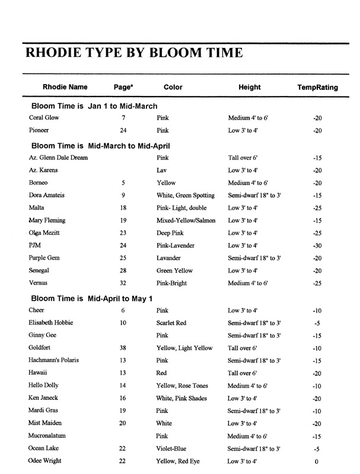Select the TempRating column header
pyautogui.click(x=317, y=87)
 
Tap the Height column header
pyautogui.click(x=249, y=87)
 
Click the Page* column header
pyautogui.click(x=123, y=87)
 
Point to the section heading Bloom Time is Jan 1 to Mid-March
pyautogui.click(x=94, y=106)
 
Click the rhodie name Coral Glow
pyautogui.click(x=44, y=118)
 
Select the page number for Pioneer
pyautogui.click(x=123, y=130)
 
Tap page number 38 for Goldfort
pyautogui.click(x=123, y=348)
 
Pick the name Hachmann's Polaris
pyautogui.click(x=53, y=360)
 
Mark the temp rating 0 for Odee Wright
pyautogui.click(x=317, y=462)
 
